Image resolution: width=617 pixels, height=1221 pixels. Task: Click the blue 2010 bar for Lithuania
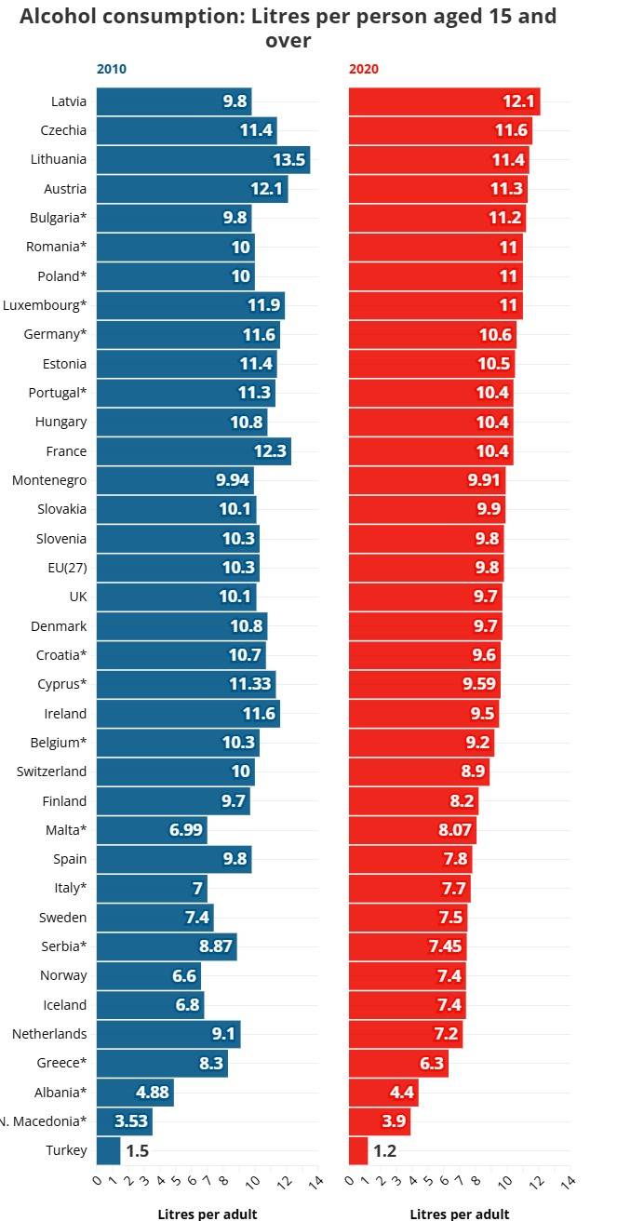pyautogui.click(x=203, y=160)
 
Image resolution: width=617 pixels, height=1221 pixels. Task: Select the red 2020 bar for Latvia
pyautogui.click(x=444, y=101)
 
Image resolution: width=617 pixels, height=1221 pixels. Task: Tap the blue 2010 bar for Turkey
pyautogui.click(x=109, y=1150)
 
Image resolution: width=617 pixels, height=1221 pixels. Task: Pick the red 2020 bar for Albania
pyautogui.click(x=383, y=1093)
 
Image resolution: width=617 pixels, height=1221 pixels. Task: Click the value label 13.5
pyautogui.click(x=288, y=160)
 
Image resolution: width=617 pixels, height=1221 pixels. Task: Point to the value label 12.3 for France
pyautogui.click(x=273, y=451)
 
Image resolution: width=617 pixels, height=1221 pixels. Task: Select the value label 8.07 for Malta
pyautogui.click(x=455, y=830)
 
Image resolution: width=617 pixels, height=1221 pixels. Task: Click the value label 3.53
pyautogui.click(x=131, y=1121)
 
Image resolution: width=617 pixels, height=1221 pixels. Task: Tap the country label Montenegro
pyautogui.click(x=49, y=480)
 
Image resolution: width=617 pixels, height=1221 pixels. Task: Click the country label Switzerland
pyautogui.click(x=52, y=772)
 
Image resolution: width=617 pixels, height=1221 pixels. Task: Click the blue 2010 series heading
pyautogui.click(x=112, y=69)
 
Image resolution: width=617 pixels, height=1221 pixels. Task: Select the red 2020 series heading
pyautogui.click(x=364, y=69)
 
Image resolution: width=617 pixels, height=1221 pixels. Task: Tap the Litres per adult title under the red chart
pyautogui.click(x=459, y=1214)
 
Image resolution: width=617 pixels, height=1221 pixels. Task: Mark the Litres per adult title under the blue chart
pyautogui.click(x=207, y=1214)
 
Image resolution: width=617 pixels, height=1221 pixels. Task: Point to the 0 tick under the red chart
pyautogui.click(x=348, y=1182)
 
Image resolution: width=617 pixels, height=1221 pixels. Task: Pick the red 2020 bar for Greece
pyautogui.click(x=398, y=1063)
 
